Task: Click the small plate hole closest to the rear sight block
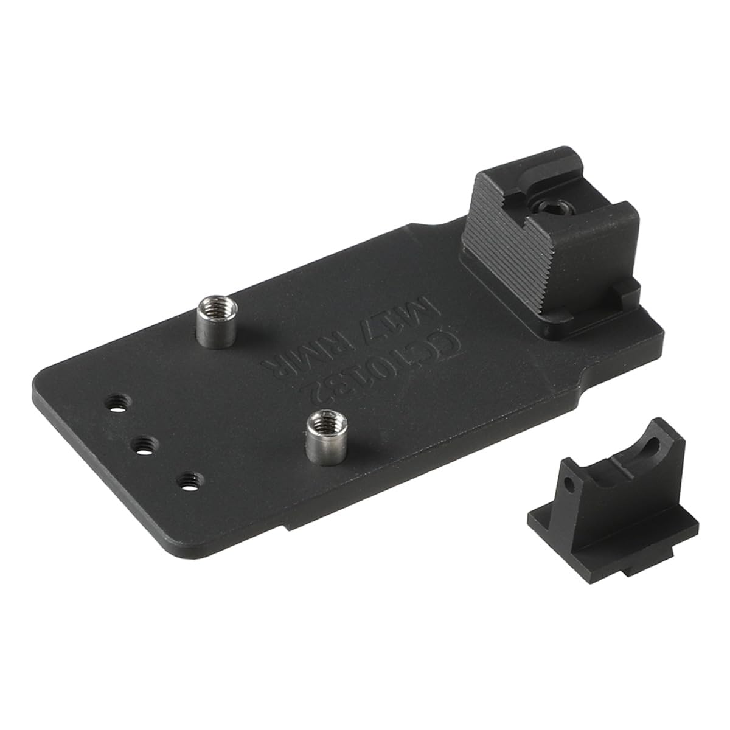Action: click(x=117, y=403)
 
